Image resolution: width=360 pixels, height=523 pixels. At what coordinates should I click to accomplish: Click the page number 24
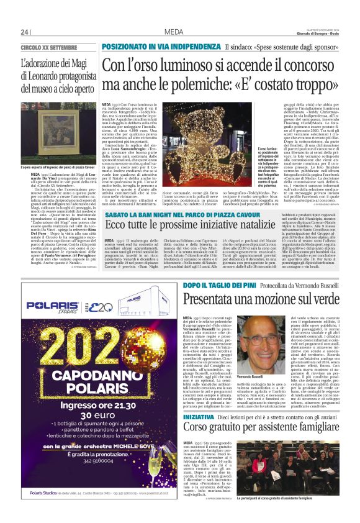point(25,32)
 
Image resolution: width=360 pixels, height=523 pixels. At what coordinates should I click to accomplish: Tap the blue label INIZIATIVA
point(198,416)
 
